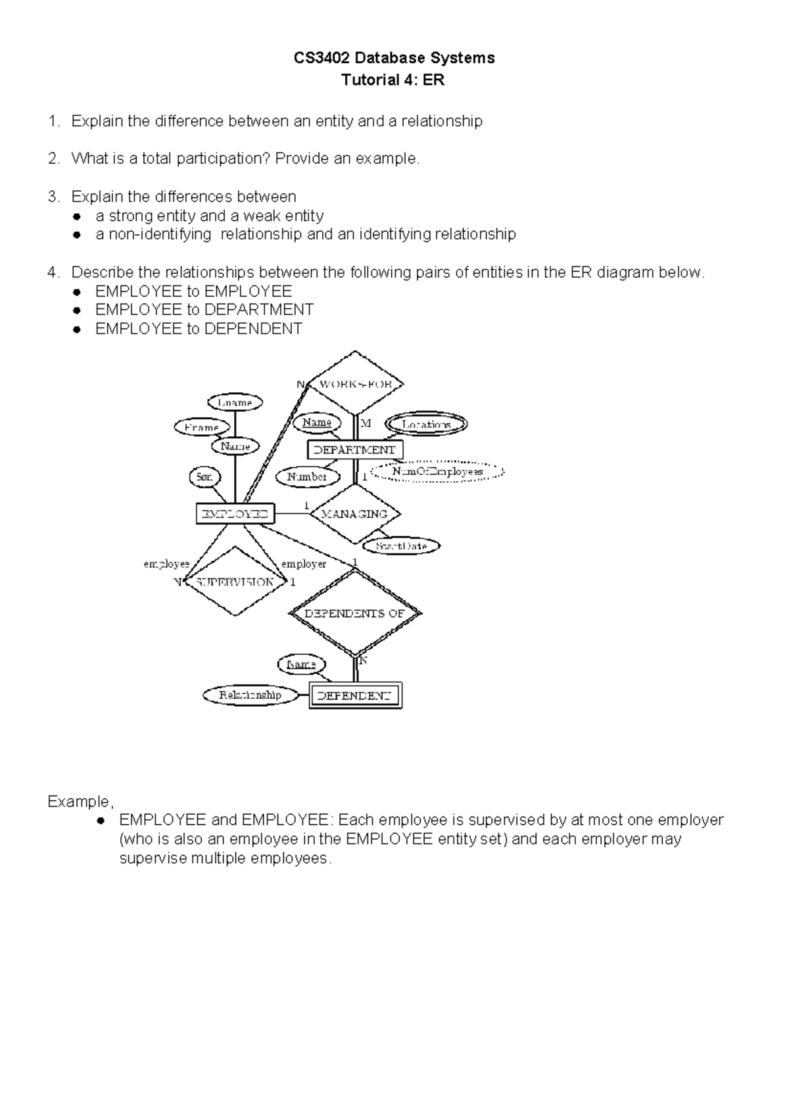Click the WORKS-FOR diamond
coord(355,384)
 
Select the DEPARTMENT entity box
coord(355,450)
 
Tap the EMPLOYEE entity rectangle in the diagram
coord(235,514)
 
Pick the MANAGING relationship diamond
coord(355,514)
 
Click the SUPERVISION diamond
coord(235,582)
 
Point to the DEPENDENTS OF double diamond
coord(355,613)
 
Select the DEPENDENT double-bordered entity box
coord(355,696)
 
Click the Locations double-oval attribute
coord(426,424)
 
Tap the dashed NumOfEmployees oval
coord(437,472)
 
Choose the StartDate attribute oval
coord(401,546)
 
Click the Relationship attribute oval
coord(250,695)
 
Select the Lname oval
coord(235,402)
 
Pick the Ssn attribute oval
coord(204,477)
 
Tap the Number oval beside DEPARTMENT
coord(307,477)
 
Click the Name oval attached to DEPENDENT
coord(301,665)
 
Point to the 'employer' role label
coord(304,564)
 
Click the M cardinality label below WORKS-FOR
coord(366,423)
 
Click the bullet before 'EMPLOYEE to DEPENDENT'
coord(77,329)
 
